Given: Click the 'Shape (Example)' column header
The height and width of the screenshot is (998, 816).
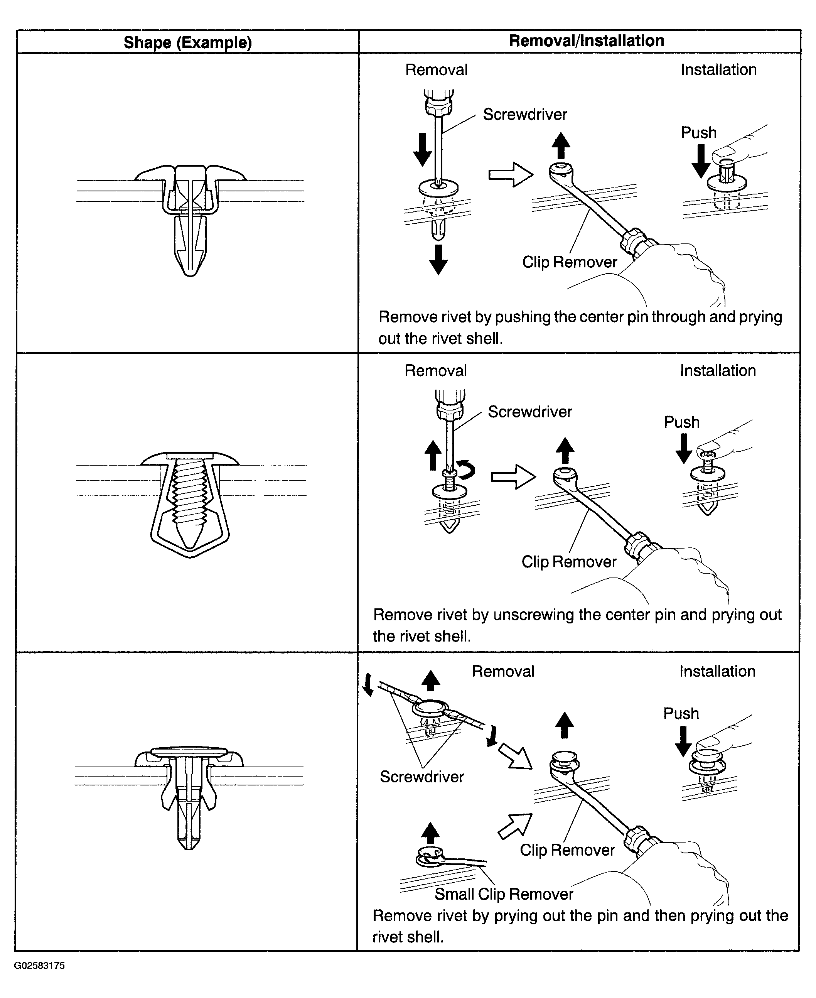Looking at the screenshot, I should [187, 43].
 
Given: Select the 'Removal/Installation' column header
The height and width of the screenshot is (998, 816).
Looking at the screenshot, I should [586, 41].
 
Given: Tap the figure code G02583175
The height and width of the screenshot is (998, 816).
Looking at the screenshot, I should [39, 966].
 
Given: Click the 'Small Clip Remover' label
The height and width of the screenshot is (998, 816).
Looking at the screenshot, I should [503, 893].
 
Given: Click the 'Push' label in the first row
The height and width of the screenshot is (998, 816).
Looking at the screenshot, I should [698, 133].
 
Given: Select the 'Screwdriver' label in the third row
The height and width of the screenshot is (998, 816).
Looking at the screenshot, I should [421, 777].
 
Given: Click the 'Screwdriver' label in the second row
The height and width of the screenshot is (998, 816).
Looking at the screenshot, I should [530, 412].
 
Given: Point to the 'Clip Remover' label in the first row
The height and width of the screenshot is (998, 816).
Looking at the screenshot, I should [569, 262].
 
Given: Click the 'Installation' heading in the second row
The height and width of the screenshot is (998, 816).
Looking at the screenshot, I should [718, 371].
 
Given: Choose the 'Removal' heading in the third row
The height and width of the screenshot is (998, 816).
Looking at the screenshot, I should [503, 671].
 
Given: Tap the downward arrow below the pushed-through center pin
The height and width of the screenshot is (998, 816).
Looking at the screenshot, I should [438, 260].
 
